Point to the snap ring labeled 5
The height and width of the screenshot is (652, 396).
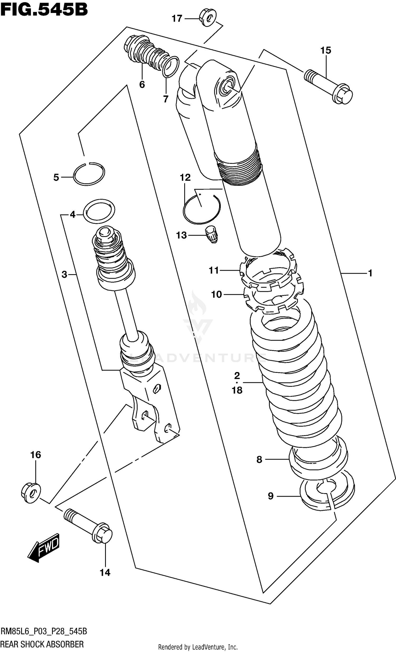point(89,174)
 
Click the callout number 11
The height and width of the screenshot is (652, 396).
point(214,270)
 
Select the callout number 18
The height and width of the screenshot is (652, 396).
point(237,390)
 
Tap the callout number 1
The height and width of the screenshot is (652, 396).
point(370,273)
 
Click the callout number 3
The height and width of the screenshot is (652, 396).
point(64,275)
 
